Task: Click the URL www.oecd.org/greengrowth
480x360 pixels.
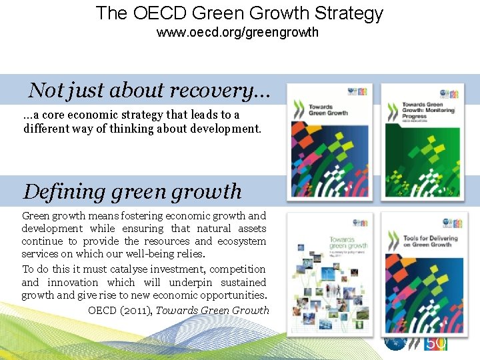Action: click(x=237, y=32)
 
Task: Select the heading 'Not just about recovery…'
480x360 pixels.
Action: click(x=149, y=89)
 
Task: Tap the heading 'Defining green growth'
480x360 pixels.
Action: click(x=132, y=191)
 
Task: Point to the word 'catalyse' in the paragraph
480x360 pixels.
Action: click(x=129, y=269)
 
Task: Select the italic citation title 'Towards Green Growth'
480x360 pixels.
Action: click(x=213, y=310)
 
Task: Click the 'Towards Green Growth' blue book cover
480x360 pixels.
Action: click(x=329, y=141)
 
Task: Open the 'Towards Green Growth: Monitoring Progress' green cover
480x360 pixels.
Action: click(x=422, y=141)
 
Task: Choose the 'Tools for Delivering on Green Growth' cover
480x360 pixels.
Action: click(x=422, y=273)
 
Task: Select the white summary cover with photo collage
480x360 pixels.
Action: click(x=329, y=273)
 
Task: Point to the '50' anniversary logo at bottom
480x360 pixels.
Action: click(x=436, y=344)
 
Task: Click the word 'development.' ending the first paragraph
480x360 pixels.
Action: click(x=226, y=128)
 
